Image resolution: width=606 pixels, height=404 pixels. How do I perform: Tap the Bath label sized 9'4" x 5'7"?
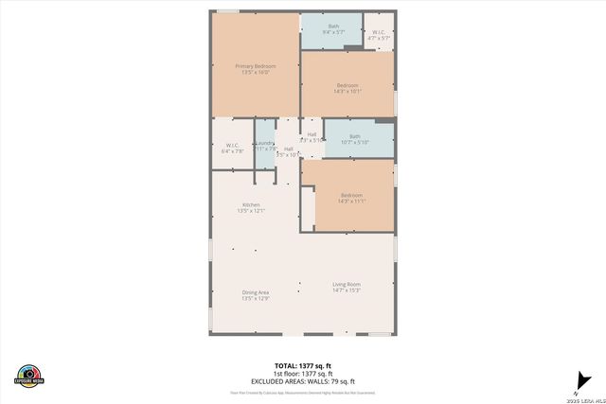click(x=333, y=26)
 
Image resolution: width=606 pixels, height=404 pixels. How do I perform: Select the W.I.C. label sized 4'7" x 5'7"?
click(x=379, y=33)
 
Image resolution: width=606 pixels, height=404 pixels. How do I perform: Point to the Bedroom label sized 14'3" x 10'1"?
click(x=348, y=85)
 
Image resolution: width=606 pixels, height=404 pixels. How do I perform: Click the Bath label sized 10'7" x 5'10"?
click(x=355, y=136)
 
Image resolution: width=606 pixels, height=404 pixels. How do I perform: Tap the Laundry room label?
click(x=264, y=143)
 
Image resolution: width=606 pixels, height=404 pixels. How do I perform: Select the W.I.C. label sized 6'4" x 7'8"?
click(x=232, y=145)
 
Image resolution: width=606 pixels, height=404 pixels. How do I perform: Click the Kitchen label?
click(x=251, y=204)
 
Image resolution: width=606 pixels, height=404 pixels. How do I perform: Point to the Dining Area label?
click(x=256, y=292)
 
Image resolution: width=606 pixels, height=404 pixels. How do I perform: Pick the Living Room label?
click(x=347, y=284)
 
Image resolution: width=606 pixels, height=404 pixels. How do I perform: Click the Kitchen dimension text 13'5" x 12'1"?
click(x=251, y=211)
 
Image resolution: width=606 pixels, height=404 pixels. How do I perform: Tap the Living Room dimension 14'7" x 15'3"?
click(x=347, y=290)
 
